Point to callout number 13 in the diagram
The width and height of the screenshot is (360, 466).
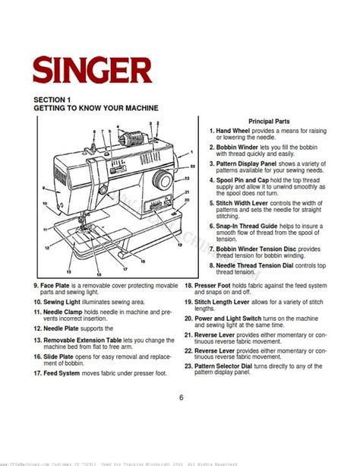[69, 271]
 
